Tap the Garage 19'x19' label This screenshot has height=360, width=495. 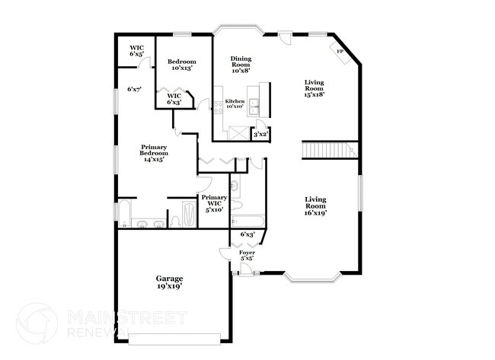(x=170, y=282)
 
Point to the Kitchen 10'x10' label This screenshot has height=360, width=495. (x=235, y=104)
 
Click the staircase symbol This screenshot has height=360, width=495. (x=330, y=150)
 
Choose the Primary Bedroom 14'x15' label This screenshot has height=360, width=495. (x=154, y=153)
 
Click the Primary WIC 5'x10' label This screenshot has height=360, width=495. (x=214, y=203)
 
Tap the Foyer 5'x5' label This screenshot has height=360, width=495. (x=247, y=255)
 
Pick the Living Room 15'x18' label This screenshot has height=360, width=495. (x=314, y=88)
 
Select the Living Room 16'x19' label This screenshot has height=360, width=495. (x=315, y=206)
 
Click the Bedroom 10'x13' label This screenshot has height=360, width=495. (x=181, y=65)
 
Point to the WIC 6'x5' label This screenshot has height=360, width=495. (x=136, y=51)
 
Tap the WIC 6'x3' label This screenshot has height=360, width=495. (x=174, y=99)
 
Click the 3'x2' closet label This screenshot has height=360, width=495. (x=260, y=135)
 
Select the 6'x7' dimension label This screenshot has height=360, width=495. (x=134, y=89)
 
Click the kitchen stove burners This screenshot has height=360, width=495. (x=219, y=107)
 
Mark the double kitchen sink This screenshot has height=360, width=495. (x=254, y=107)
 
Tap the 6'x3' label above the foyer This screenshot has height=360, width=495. (x=247, y=234)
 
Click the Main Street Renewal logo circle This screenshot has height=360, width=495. (x=37, y=323)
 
